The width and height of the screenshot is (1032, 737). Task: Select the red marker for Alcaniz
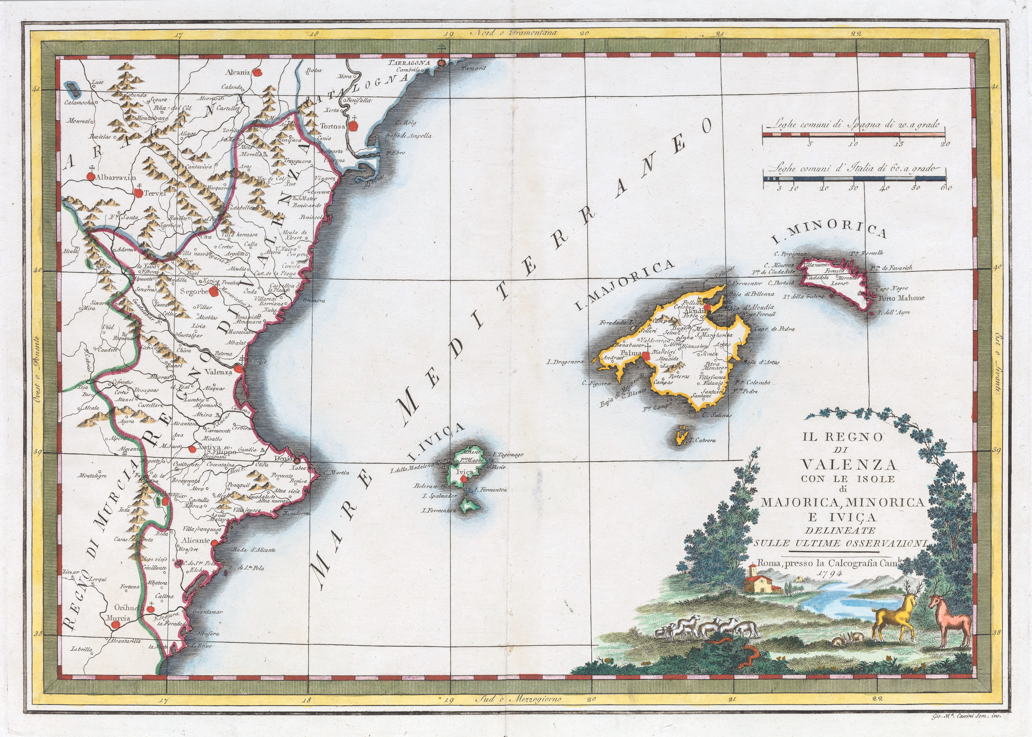(258, 72)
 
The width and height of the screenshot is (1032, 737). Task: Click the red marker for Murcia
(116, 625)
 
